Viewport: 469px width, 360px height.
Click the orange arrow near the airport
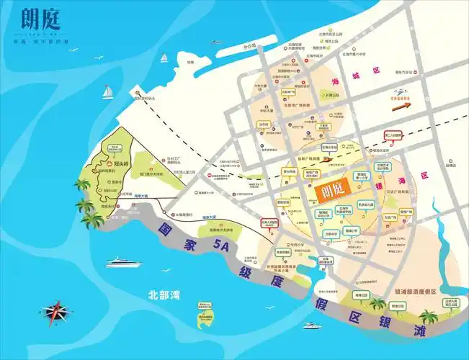[x=401, y=105]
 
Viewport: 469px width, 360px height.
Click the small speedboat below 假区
[x=312, y=325]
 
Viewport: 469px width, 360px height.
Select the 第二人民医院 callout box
[x=393, y=135]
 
